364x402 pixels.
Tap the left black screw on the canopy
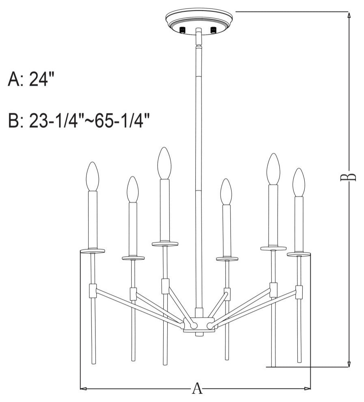(183, 30)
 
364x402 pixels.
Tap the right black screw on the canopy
(213, 30)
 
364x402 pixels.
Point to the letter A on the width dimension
(197, 389)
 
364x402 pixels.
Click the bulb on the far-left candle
(93, 177)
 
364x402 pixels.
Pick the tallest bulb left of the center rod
(164, 163)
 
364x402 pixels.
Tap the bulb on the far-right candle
(299, 182)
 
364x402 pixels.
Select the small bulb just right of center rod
(226, 192)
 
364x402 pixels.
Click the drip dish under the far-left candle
(93, 251)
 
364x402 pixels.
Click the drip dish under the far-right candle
(299, 254)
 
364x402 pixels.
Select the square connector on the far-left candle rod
(93, 290)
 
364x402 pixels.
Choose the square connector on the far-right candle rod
(299, 292)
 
